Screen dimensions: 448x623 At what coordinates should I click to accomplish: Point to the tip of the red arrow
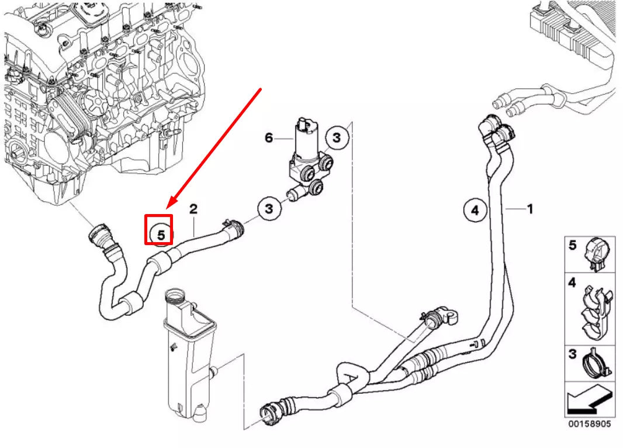(167, 208)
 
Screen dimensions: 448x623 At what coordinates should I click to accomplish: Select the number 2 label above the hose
(193, 209)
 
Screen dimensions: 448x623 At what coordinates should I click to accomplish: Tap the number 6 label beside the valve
(268, 138)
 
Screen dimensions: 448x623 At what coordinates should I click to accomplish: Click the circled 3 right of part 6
(337, 138)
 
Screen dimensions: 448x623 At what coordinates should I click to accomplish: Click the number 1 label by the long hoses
(529, 208)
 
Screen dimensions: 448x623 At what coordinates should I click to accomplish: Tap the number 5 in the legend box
(573, 245)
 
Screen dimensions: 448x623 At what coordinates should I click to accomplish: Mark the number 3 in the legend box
(573, 353)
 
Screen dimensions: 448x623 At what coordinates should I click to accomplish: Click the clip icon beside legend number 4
(596, 310)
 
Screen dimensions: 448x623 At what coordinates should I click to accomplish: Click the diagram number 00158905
(589, 423)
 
